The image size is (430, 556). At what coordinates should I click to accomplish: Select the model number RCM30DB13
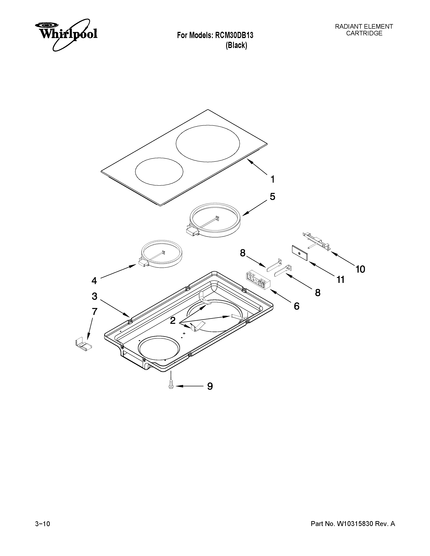pyautogui.click(x=234, y=35)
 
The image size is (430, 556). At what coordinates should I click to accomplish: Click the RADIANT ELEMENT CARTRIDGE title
pyautogui.click(x=364, y=30)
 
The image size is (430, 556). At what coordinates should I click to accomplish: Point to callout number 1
pyautogui.click(x=273, y=179)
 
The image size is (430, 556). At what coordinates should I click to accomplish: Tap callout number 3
pyautogui.click(x=94, y=296)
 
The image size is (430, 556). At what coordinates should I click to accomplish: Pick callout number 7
pyautogui.click(x=94, y=311)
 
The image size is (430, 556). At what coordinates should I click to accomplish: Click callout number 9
pyautogui.click(x=210, y=386)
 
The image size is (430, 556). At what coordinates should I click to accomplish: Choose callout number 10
pyautogui.click(x=360, y=269)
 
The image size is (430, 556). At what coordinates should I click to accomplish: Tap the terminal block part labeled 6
pyautogui.click(x=257, y=281)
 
